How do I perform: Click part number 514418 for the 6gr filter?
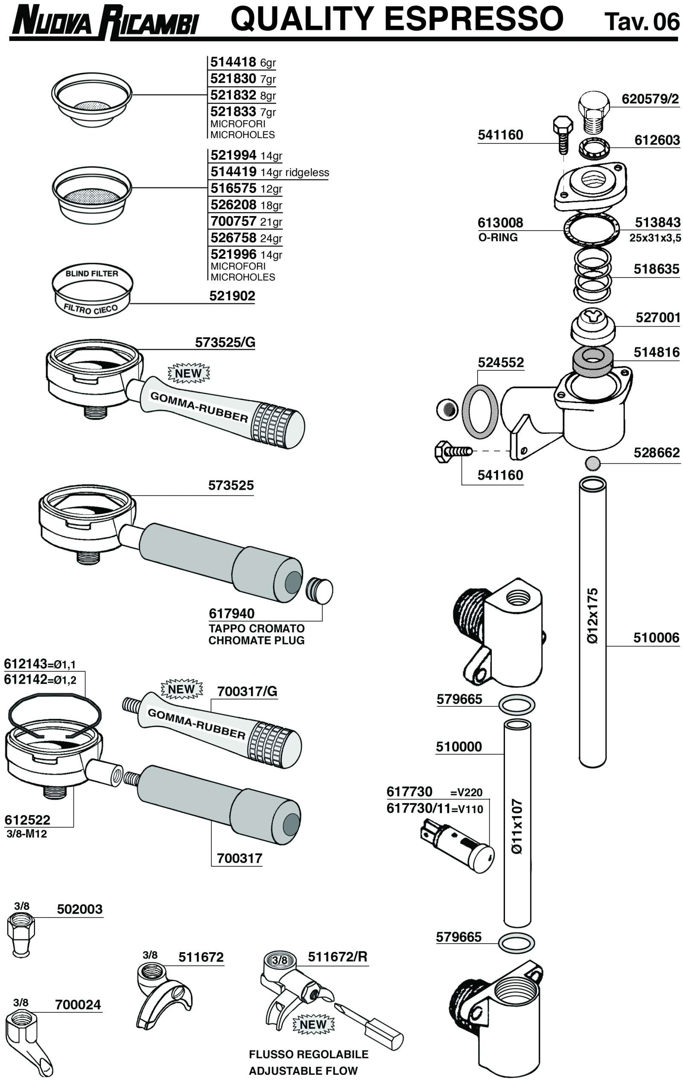pos(233,62)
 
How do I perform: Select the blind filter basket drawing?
pos(92,290)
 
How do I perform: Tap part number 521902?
pos(232,296)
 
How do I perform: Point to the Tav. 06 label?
pos(641,21)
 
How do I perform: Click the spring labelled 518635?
pos(593,275)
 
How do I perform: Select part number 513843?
pos(657,222)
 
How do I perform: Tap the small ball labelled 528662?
pos(593,463)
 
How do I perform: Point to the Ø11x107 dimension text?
pos(517,826)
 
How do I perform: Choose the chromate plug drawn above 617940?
pos(319,591)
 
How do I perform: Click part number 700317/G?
pos(247,691)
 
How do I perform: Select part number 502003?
pos(80,909)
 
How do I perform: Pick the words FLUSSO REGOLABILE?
pos(309,1054)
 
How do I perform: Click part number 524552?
pos(501,362)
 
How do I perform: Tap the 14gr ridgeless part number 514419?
pos(234,172)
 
